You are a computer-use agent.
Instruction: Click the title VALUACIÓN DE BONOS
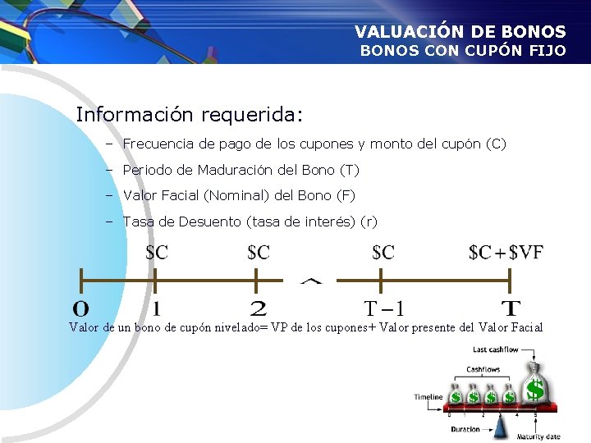click(x=460, y=32)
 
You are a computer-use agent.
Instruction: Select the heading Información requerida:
click(x=190, y=114)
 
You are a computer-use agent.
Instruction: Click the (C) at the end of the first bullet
click(x=496, y=144)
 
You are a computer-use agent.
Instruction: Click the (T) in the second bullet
click(x=349, y=171)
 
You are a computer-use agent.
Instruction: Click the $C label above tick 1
click(x=156, y=253)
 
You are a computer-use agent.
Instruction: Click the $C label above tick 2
click(x=258, y=253)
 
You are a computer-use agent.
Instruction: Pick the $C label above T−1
click(x=383, y=253)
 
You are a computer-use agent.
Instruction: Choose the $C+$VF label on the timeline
click(x=506, y=253)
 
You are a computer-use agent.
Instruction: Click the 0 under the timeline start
click(x=81, y=309)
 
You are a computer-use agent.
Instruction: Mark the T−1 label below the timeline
click(x=383, y=309)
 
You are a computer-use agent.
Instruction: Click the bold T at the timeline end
click(x=511, y=309)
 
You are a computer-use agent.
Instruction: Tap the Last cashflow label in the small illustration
click(x=495, y=350)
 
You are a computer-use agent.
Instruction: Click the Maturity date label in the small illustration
click(x=538, y=436)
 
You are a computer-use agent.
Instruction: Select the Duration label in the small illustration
click(x=465, y=429)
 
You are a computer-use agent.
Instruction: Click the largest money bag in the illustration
click(x=534, y=386)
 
